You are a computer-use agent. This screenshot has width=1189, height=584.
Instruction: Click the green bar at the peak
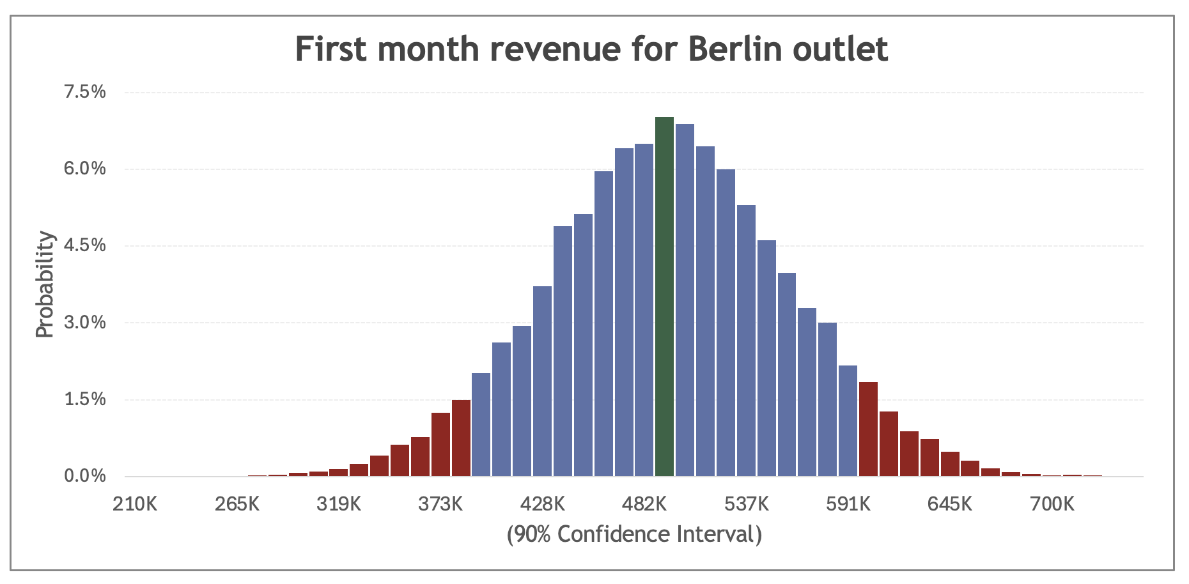coord(664,297)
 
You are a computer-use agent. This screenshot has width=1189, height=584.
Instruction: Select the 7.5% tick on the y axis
coord(84,92)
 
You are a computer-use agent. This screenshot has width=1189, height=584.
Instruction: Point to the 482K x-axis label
coord(644,504)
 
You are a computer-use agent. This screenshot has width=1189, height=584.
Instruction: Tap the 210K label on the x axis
coord(135,504)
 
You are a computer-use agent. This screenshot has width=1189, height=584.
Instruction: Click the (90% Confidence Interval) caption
coord(634,534)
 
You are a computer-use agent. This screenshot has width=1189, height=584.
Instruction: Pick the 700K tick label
coord(1052,504)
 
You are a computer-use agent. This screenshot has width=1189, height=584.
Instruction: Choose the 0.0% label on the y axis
coord(84,476)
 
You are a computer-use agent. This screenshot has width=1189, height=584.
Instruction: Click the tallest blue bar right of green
coord(685,300)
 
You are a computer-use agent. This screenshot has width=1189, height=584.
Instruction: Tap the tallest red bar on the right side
coord(868,429)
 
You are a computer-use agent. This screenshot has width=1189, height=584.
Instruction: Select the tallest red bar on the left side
coord(461,438)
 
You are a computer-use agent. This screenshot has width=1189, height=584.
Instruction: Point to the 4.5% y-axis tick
coord(84,246)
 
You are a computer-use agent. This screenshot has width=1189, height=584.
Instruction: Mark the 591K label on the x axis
coord(848,504)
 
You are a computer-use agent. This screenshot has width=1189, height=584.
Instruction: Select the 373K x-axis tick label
coord(440,504)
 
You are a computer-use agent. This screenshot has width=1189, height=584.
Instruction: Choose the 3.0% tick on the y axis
coord(84,323)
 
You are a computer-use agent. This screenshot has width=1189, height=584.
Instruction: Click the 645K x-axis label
coord(950,504)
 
